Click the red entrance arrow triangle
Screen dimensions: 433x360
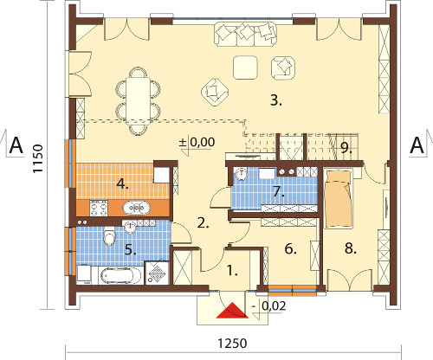[x=232, y=311]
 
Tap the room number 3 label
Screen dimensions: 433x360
[x=276, y=100]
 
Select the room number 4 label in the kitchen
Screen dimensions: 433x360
[x=122, y=184]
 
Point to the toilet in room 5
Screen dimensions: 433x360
[x=109, y=236]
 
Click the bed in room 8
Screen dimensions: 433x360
[x=339, y=199]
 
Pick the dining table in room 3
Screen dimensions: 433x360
[x=139, y=100]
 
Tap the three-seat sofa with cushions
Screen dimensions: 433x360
[x=245, y=34]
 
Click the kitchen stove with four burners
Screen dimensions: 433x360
[x=99, y=208]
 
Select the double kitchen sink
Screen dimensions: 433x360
[x=137, y=208]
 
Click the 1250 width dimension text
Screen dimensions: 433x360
[x=232, y=344]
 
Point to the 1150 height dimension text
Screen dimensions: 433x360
[x=37, y=158]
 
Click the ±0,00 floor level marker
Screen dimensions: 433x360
[x=197, y=142]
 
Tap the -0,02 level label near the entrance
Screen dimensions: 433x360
[x=268, y=305]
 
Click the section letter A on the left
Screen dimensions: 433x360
[x=16, y=146]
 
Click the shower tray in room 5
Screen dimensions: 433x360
[x=157, y=273]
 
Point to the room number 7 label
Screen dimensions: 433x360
[x=279, y=191]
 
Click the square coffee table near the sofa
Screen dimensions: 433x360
[x=245, y=67]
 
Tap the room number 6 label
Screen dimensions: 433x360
[x=291, y=249]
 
